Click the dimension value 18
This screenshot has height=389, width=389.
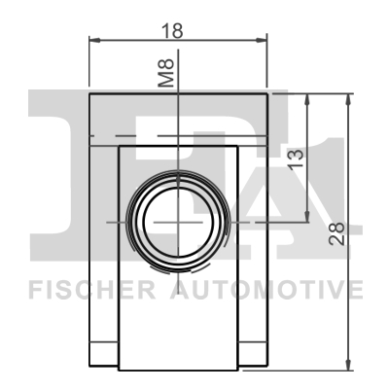pyautogui.click(x=172, y=31)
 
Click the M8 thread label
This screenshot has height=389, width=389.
pyautogui.click(x=166, y=73)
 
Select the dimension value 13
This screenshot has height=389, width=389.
pyautogui.click(x=296, y=159)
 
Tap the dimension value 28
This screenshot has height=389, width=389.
pyautogui.click(x=336, y=233)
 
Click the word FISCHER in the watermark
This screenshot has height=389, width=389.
pyautogui.click(x=92, y=290)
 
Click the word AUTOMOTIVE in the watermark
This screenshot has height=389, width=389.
pyautogui.click(x=266, y=290)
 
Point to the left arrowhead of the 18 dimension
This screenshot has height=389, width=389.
pyautogui.click(x=94, y=40)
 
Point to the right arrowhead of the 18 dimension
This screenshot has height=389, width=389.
pyautogui.click(x=262, y=40)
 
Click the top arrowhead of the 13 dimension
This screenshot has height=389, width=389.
pyautogui.click(x=307, y=99)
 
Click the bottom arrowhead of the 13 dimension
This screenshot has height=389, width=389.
pyautogui.click(x=307, y=217)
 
